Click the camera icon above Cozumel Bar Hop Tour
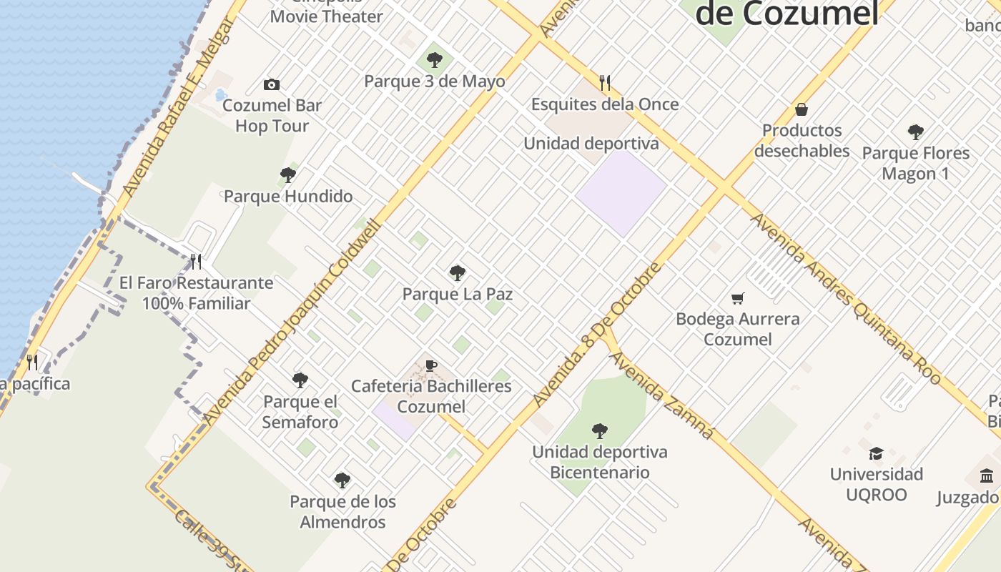272,85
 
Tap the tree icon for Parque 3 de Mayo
434,60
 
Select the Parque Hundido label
288,196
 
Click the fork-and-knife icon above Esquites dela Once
605,83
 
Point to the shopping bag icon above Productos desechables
802,109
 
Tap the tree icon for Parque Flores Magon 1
915,132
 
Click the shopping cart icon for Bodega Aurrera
737,298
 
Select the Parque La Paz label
458,294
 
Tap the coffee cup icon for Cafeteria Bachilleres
431,365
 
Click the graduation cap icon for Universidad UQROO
876,453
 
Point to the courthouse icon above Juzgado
987,476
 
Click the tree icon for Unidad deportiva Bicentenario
600,431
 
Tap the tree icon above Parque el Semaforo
300,380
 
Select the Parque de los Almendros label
342,512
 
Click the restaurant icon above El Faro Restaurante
196,262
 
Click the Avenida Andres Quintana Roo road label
845,299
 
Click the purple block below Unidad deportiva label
621,193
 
